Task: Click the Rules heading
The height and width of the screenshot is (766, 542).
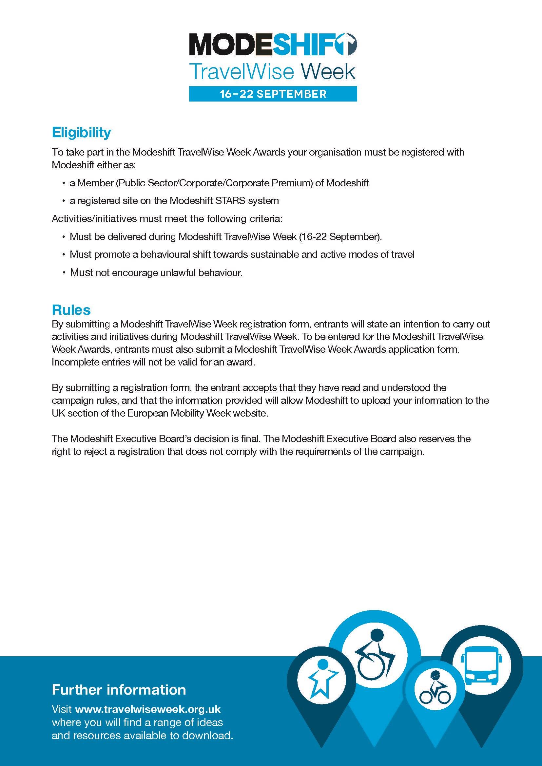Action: click(71, 310)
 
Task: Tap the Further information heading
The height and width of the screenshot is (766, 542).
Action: click(119, 690)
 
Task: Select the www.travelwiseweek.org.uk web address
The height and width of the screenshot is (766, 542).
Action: click(148, 709)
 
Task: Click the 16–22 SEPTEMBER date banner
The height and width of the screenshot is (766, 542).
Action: click(273, 94)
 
